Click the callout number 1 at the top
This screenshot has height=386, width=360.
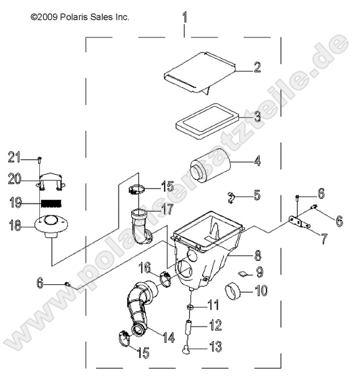184,17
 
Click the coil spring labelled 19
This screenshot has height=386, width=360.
52,202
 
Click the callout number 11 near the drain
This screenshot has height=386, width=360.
213,304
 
